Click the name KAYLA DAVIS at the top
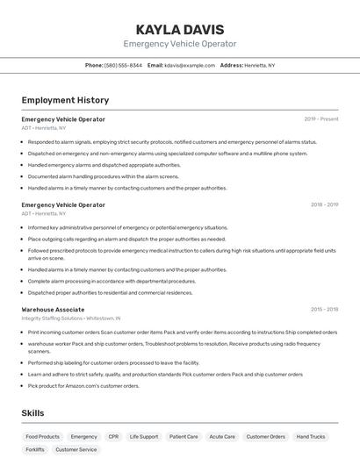coord(179,29)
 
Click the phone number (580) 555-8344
coord(123,65)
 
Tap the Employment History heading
coord(65,100)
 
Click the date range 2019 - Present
coord(321,119)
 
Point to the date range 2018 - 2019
coord(324,205)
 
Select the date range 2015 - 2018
coord(324,310)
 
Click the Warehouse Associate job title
coord(53,310)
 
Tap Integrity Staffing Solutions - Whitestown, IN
coord(71,318)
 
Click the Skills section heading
coord(32,413)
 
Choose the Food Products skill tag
coord(43,436)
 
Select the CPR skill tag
coord(113,436)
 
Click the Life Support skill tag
coord(144,436)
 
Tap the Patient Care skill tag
coord(184,436)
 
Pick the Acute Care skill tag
coord(222,436)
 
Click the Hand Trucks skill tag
coord(311,436)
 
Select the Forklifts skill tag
coord(35,449)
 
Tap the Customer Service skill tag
coord(76,449)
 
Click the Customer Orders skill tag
coord(266,436)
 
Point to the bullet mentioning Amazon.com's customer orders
coord(83,385)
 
